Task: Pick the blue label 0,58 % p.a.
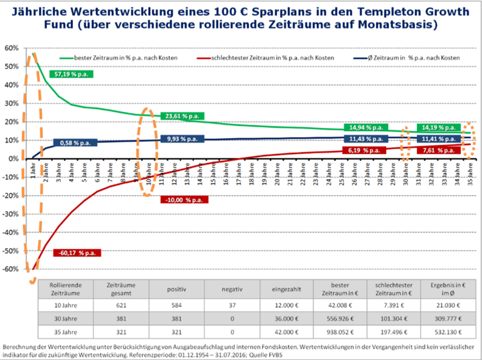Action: (x=75, y=143)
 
